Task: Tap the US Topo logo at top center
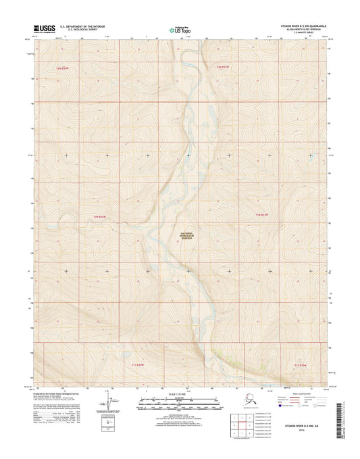coord(179,30)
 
